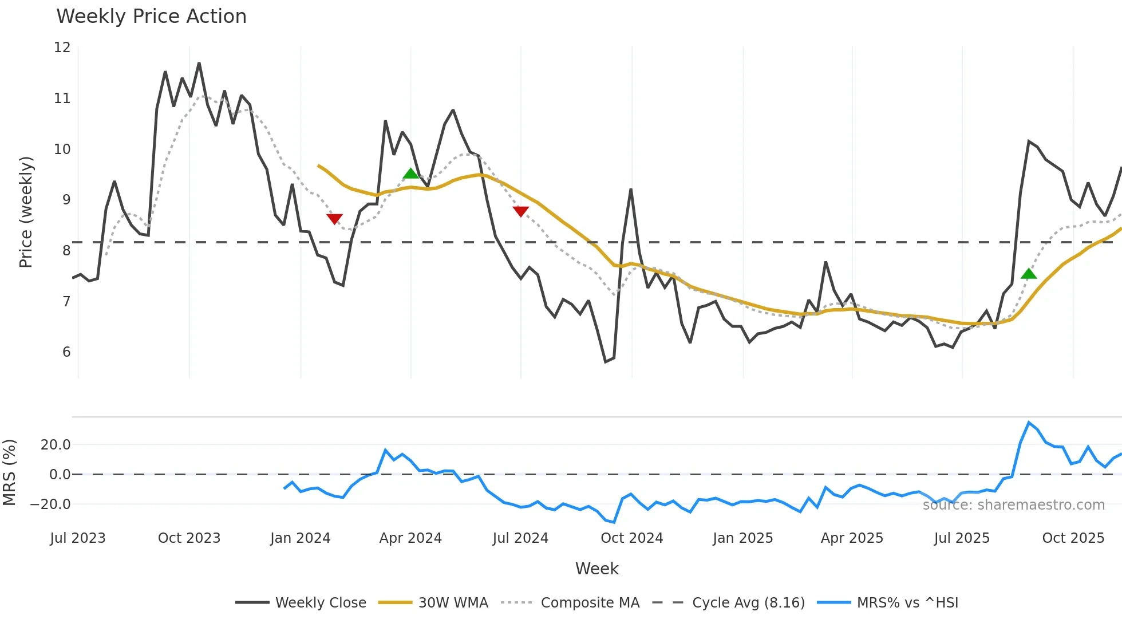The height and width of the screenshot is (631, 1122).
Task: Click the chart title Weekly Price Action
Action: (x=151, y=17)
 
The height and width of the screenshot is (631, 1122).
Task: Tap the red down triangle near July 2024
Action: (x=520, y=211)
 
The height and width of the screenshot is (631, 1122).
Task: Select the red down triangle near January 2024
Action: (x=334, y=219)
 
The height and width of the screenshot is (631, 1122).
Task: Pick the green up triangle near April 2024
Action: (x=411, y=173)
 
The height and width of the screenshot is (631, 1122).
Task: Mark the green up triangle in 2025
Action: (x=1029, y=274)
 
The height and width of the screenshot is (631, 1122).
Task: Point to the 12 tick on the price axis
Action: (x=62, y=48)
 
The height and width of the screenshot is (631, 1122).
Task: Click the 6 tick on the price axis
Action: (x=66, y=352)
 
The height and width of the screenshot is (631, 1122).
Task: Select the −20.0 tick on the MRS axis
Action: (x=50, y=504)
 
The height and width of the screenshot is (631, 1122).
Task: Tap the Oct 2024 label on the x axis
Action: (x=631, y=538)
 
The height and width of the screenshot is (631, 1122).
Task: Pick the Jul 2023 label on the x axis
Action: (x=78, y=538)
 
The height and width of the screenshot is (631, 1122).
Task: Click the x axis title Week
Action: (x=596, y=569)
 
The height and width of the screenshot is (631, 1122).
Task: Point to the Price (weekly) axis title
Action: (x=26, y=212)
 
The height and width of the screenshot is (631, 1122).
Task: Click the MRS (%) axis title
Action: (x=9, y=472)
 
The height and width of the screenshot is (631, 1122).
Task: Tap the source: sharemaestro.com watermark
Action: (x=1013, y=505)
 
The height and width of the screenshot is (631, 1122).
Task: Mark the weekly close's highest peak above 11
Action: (x=199, y=63)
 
